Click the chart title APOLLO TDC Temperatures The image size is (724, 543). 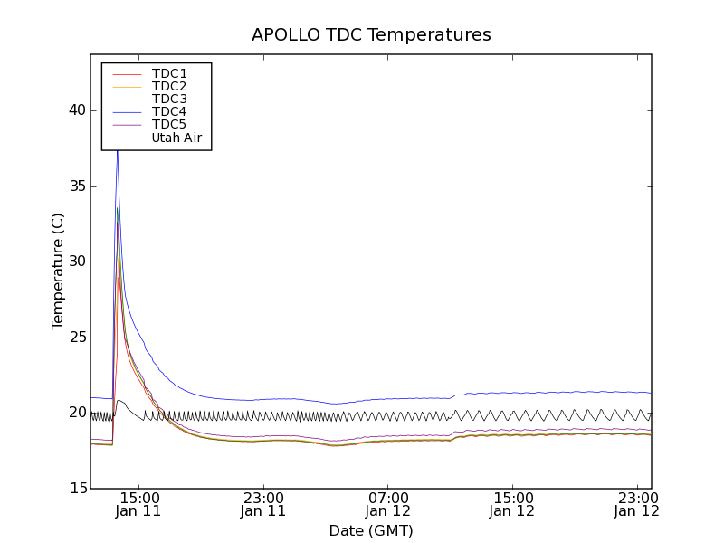(371, 35)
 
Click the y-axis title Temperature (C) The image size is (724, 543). (58, 271)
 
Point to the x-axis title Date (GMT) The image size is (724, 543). (371, 530)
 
